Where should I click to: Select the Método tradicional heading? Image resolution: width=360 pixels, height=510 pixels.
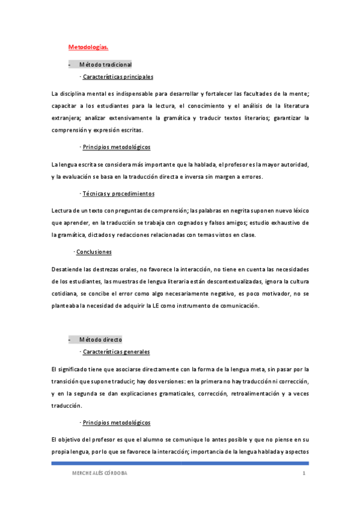click(x=105, y=64)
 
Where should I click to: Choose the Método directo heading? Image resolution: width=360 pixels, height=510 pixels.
click(x=100, y=339)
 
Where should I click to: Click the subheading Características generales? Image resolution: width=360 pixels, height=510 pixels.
click(x=116, y=352)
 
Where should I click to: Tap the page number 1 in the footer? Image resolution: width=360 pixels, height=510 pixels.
click(x=305, y=475)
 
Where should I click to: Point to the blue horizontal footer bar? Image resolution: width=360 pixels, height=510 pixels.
click(x=180, y=463)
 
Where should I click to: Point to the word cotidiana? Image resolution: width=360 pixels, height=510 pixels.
click(x=67, y=293)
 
